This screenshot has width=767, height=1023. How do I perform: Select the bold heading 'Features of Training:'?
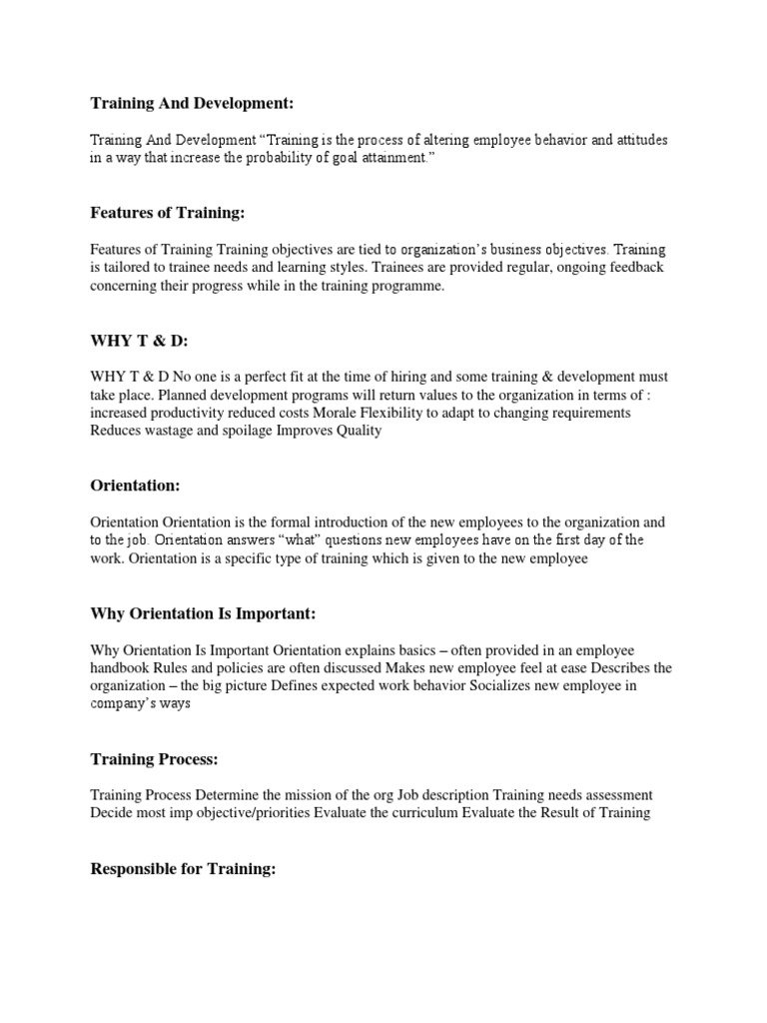coord(167,213)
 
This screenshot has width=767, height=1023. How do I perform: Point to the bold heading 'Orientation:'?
coord(136,487)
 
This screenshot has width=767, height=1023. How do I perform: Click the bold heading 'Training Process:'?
coord(154,759)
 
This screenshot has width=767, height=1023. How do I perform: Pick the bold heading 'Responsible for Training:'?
coord(183,869)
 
